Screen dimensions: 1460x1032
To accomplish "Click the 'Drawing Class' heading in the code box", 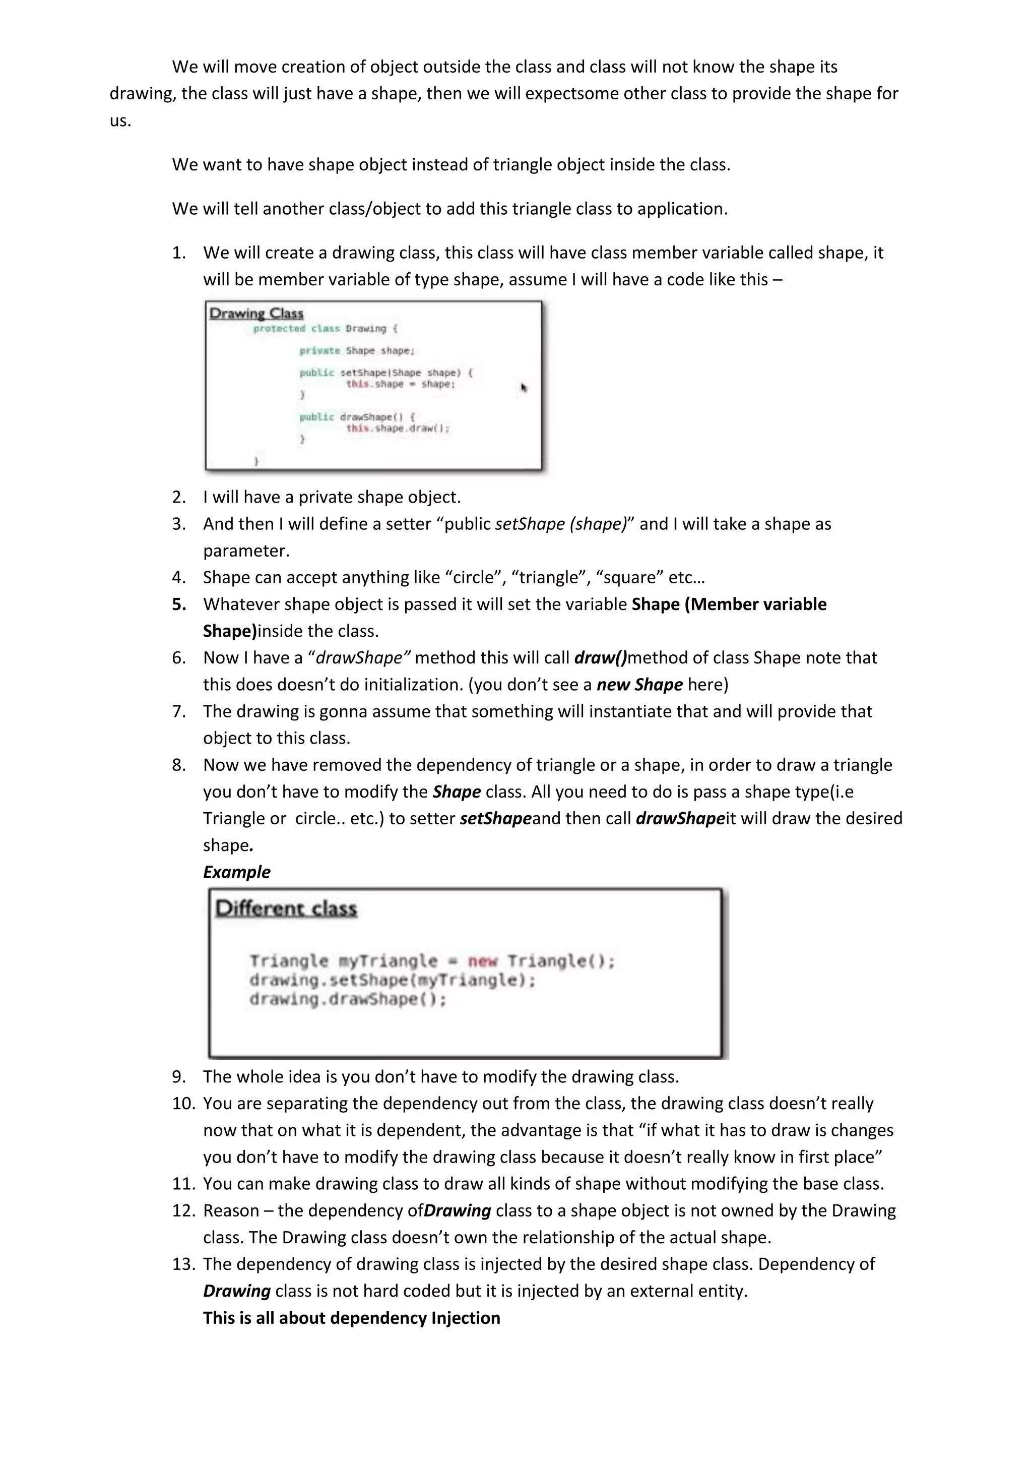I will [256, 314].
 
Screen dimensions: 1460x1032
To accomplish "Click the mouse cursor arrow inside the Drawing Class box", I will [524, 388].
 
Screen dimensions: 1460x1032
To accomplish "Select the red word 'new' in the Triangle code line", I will [482, 961].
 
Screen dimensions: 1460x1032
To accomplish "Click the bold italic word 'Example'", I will [236, 872].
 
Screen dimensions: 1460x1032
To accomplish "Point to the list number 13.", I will [183, 1264].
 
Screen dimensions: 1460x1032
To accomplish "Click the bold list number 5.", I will [179, 604].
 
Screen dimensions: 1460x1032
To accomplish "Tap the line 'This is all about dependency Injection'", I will [351, 1317].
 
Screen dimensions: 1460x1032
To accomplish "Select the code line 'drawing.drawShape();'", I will [348, 1000].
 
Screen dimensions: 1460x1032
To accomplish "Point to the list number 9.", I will [179, 1076].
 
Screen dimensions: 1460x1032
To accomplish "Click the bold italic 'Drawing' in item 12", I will [458, 1211].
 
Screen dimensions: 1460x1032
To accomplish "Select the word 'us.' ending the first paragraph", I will [120, 120].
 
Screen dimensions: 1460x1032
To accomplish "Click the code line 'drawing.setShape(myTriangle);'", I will [392, 981].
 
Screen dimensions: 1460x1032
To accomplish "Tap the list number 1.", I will [179, 253].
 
